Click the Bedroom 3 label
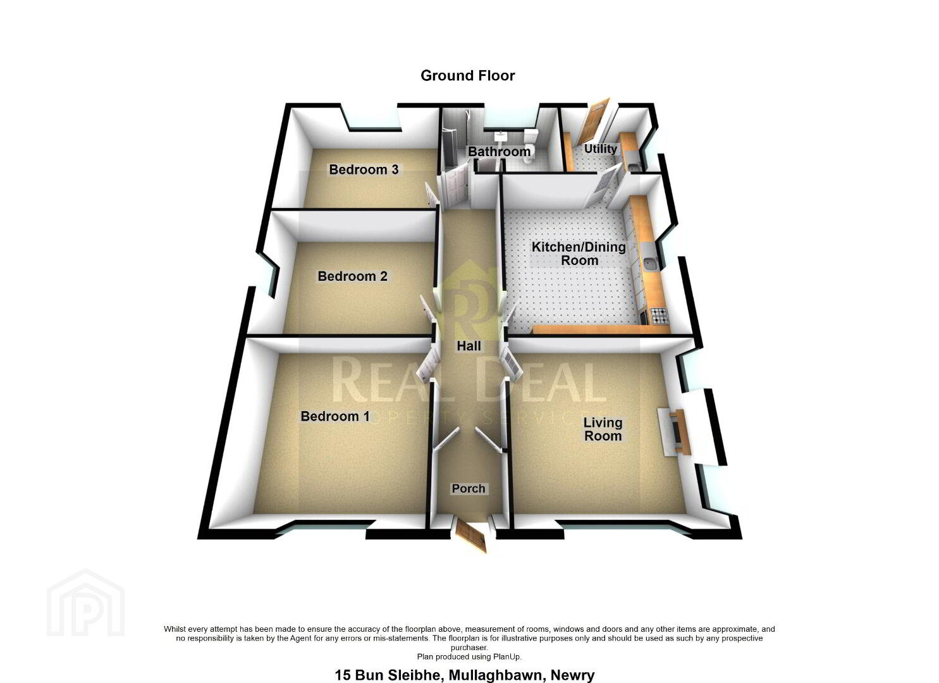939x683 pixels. (x=364, y=169)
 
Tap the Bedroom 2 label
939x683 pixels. (x=352, y=276)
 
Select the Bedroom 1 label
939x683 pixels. (x=335, y=416)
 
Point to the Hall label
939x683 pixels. (x=469, y=346)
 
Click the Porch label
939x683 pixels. (x=469, y=488)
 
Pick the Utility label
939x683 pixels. (x=600, y=149)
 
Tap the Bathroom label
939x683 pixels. (x=499, y=151)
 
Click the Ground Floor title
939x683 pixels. (x=468, y=75)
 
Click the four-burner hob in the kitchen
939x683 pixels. (x=658, y=316)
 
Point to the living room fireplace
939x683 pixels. (x=674, y=432)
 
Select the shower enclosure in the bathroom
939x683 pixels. (x=455, y=140)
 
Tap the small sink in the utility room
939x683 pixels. (x=634, y=168)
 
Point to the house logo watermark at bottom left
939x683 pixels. (x=85, y=603)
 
